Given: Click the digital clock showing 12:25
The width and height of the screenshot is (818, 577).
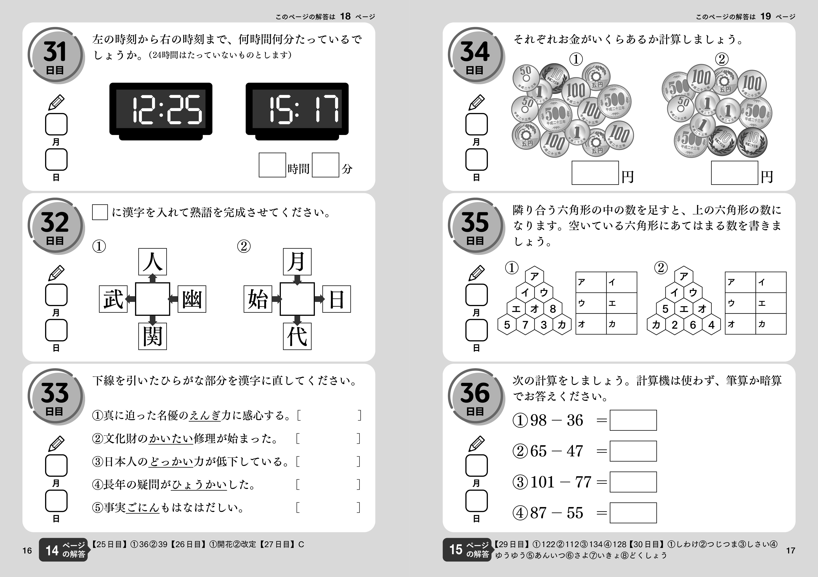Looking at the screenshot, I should point(161,110).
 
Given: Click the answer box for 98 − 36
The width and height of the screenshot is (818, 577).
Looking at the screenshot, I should point(633,420).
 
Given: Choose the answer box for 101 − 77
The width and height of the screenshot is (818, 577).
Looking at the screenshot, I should point(633,482).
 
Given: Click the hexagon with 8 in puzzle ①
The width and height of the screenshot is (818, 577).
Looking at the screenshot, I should point(553,309).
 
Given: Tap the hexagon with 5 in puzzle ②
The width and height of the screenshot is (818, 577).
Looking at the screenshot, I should point(665,309).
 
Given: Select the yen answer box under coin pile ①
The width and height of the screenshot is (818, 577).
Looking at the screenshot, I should point(595,173).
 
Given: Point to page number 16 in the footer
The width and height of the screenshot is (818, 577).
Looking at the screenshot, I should point(27,551).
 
